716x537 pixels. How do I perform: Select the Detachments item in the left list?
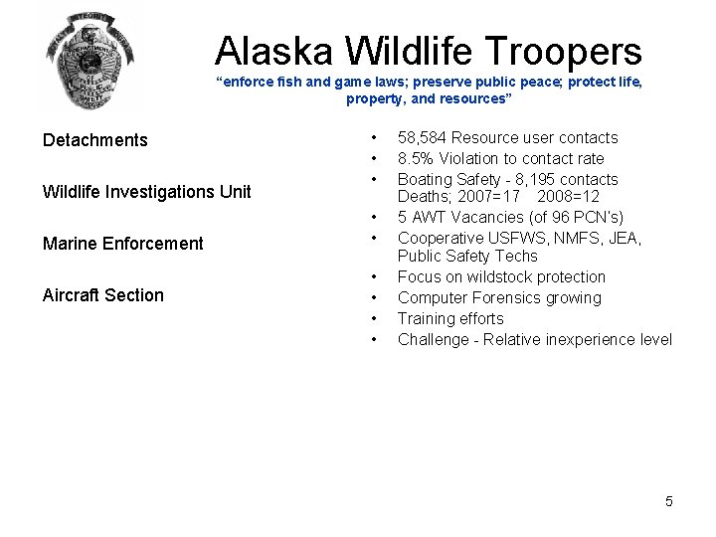pyautogui.click(x=94, y=140)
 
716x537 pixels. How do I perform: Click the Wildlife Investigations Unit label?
pyautogui.click(x=146, y=192)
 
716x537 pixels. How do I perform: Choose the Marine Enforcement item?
pyautogui.click(x=122, y=244)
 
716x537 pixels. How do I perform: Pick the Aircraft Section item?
pyautogui.click(x=102, y=295)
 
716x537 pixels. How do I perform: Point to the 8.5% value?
pyautogui.click(x=417, y=159)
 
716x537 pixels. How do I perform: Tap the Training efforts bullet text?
pyautogui.click(x=450, y=319)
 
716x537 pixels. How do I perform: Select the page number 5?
pyautogui.click(x=669, y=501)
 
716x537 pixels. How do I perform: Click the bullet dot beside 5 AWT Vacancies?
pyautogui.click(x=373, y=217)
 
